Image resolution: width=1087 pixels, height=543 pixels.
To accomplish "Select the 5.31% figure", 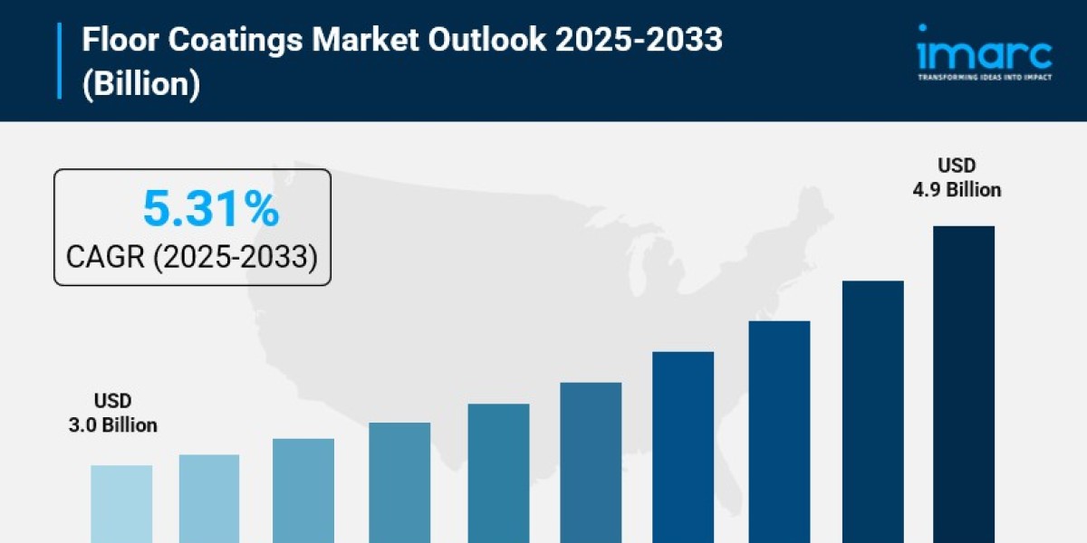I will tap(210, 211).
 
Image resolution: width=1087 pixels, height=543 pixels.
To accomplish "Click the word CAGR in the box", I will tap(104, 257).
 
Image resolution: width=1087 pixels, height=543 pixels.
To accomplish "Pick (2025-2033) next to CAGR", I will tap(235, 257).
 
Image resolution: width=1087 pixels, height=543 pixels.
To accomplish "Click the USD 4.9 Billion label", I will tap(968, 178).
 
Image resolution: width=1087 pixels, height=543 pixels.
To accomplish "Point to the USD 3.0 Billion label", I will tap(112, 413).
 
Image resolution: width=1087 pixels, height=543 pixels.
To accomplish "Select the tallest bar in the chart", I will tap(963, 384).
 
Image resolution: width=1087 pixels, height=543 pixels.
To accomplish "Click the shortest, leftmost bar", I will tap(121, 503).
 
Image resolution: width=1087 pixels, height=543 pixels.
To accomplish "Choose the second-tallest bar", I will tap(872, 411).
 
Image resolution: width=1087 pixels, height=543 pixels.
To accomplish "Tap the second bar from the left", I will tap(209, 498).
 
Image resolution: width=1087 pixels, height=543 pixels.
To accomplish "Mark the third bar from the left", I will tap(303, 490).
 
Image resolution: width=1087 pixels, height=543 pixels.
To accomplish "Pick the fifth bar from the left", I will tap(498, 472).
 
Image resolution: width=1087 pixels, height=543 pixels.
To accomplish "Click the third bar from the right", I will tap(779, 431).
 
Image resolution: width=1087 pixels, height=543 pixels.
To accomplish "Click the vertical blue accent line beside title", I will tap(60, 61).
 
